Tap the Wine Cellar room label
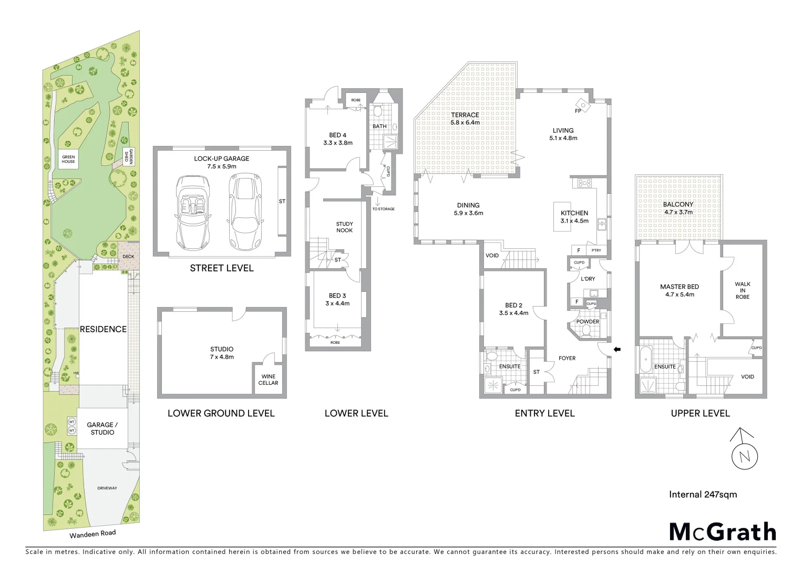(269, 380)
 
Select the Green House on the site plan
(69, 159)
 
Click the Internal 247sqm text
(703, 494)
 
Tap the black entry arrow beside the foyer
(617, 349)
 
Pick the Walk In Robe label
(743, 290)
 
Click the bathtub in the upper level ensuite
(645, 362)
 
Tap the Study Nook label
(345, 227)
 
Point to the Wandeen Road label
(92, 534)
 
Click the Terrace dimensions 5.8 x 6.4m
(465, 123)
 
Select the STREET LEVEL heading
(221, 268)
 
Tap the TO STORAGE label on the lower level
(383, 209)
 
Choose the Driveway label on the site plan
(107, 488)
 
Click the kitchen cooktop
(584, 183)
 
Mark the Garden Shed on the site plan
(126, 156)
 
